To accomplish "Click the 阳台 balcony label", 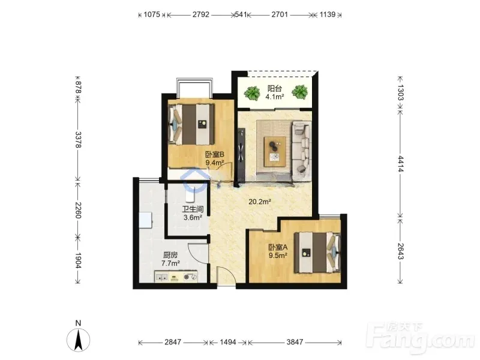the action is pos(275,89).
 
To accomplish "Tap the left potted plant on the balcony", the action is pos(252,93).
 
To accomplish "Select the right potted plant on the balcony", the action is pos(299,92).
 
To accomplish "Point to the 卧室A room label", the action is pos(278,247).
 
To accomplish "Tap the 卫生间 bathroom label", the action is pos(193,209).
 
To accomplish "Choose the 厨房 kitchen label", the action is pos(170,255).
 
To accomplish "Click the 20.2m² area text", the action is pos(260,202).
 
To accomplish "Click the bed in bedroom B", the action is pos(191,125).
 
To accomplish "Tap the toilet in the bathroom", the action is pos(190,194).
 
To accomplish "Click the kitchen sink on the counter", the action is pos(161,277).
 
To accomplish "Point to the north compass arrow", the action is pos(79,340).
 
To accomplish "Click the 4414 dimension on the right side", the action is pos(401,164).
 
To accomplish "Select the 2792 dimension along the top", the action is pos(201,14).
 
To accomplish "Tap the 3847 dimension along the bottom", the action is pos(295,342).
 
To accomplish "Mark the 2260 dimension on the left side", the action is pos(79,211).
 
